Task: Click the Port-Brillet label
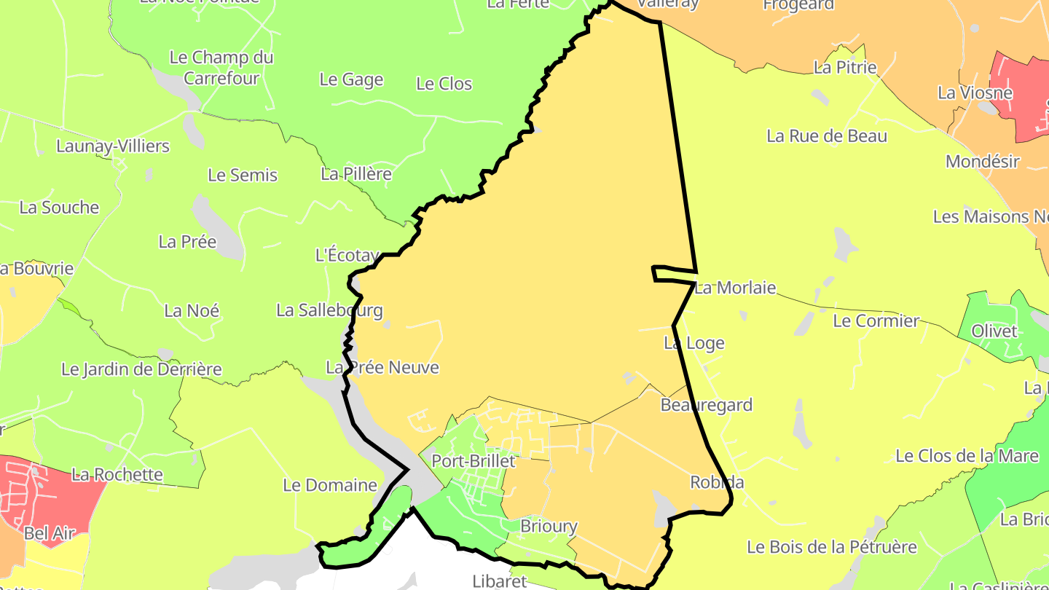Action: (474, 461)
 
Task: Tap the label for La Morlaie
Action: (735, 288)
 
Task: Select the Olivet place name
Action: (994, 331)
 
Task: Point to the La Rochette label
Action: (117, 475)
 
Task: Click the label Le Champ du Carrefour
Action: (221, 68)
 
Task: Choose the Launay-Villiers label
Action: (113, 146)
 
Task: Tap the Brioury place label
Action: (549, 526)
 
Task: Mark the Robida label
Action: (717, 482)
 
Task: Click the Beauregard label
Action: (706, 405)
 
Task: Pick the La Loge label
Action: (694, 342)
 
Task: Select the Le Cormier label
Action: (876, 320)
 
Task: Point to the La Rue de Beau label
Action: (827, 136)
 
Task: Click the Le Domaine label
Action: (329, 485)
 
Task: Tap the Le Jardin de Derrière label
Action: (141, 369)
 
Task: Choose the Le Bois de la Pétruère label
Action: (832, 546)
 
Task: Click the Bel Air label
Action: (50, 533)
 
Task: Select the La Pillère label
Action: (356, 174)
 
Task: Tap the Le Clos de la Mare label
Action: (967, 456)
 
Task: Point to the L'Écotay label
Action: (347, 255)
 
